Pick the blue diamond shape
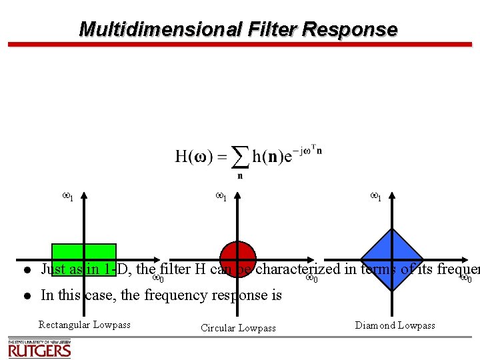(x=392, y=260)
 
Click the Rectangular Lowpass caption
(x=84, y=325)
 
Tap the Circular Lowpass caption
(x=238, y=328)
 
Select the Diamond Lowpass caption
(x=395, y=325)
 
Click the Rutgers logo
(x=39, y=349)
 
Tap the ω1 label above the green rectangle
(x=67, y=196)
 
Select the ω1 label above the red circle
(x=222, y=196)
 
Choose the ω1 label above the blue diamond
(x=376, y=196)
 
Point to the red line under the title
(x=240, y=45)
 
